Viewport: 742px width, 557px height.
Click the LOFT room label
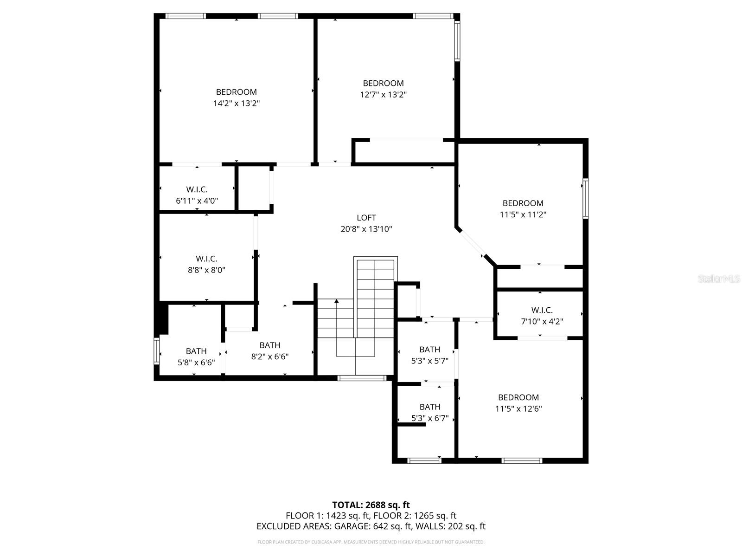pos(366,218)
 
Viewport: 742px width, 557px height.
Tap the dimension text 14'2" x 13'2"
pos(236,104)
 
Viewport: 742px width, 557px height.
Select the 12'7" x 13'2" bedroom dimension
pos(383,95)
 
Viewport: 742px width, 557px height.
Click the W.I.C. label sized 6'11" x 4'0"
pos(197,189)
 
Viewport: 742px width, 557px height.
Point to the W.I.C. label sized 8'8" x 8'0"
pos(206,259)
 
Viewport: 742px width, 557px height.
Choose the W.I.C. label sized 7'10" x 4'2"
pos(542,310)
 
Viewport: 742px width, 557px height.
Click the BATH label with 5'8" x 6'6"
pos(196,351)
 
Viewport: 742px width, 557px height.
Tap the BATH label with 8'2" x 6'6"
pos(269,345)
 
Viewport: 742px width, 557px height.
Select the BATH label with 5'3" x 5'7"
pos(429,350)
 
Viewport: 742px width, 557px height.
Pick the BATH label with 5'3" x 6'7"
pos(429,407)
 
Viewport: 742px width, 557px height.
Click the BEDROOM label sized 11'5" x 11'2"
pos(523,203)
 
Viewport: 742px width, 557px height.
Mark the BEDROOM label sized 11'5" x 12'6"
pos(518,397)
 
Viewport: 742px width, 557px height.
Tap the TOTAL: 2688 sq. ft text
pos(371,505)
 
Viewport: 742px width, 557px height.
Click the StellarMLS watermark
pos(719,279)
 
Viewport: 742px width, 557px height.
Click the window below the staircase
pos(362,378)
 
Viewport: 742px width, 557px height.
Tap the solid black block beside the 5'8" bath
pos(163,318)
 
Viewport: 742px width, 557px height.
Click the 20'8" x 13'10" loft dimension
pos(366,229)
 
